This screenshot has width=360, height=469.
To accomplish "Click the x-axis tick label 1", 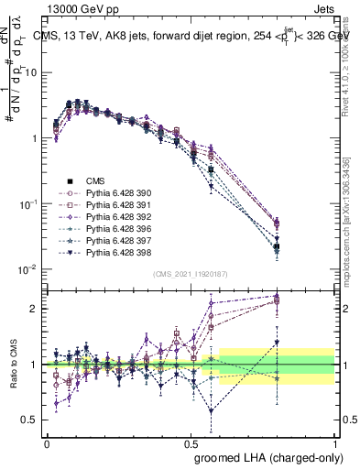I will click(334, 443).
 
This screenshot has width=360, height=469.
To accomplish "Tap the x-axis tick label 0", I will click(47, 443).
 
